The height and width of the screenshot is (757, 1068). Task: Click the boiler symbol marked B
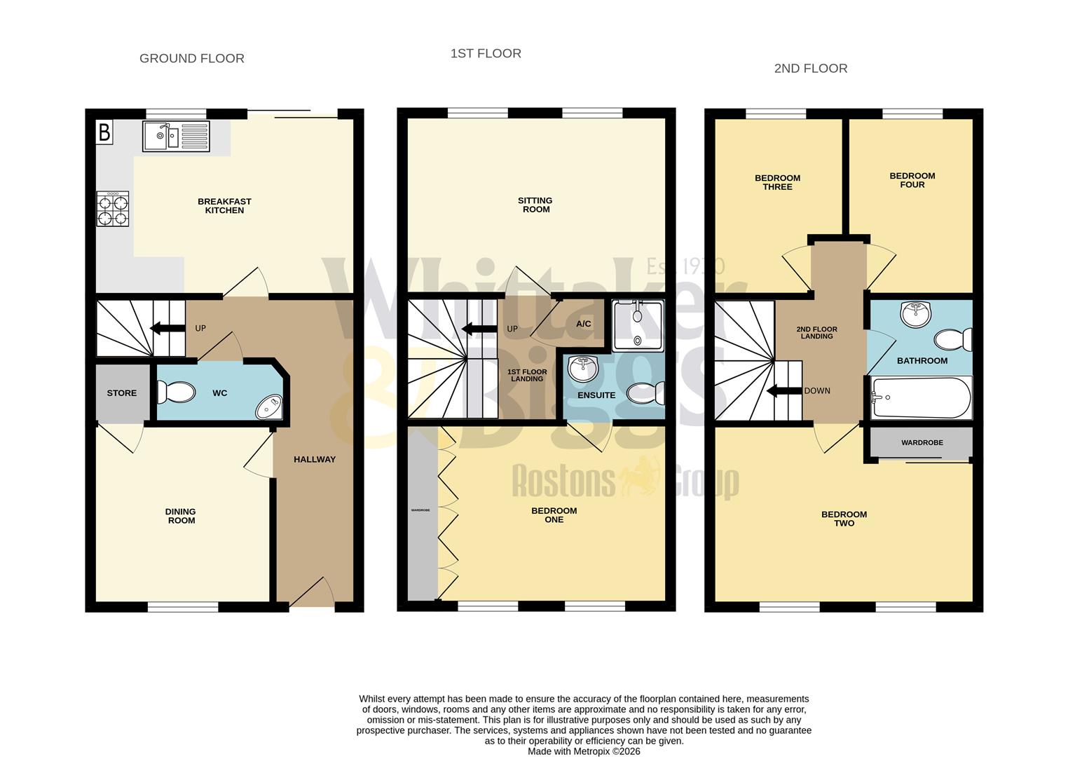click(104, 132)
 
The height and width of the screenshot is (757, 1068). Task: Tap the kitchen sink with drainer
click(176, 136)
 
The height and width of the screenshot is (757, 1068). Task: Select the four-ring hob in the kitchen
click(113, 209)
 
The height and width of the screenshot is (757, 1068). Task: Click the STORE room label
click(122, 393)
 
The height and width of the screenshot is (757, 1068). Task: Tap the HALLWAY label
click(315, 460)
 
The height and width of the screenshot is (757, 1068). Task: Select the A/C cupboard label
click(584, 324)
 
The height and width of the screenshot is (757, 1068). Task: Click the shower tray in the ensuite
click(637, 326)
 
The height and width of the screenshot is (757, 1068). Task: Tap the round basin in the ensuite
click(582, 368)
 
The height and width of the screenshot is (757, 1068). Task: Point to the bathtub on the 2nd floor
click(921, 398)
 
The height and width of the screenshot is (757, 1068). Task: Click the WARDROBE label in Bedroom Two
click(922, 443)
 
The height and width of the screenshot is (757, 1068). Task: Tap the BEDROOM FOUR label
click(912, 180)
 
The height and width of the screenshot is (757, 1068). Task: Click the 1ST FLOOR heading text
click(486, 53)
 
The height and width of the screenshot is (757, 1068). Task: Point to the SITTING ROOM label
click(535, 205)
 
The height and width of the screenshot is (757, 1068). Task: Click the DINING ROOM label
click(181, 516)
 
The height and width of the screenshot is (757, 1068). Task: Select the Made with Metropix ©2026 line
click(584, 751)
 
